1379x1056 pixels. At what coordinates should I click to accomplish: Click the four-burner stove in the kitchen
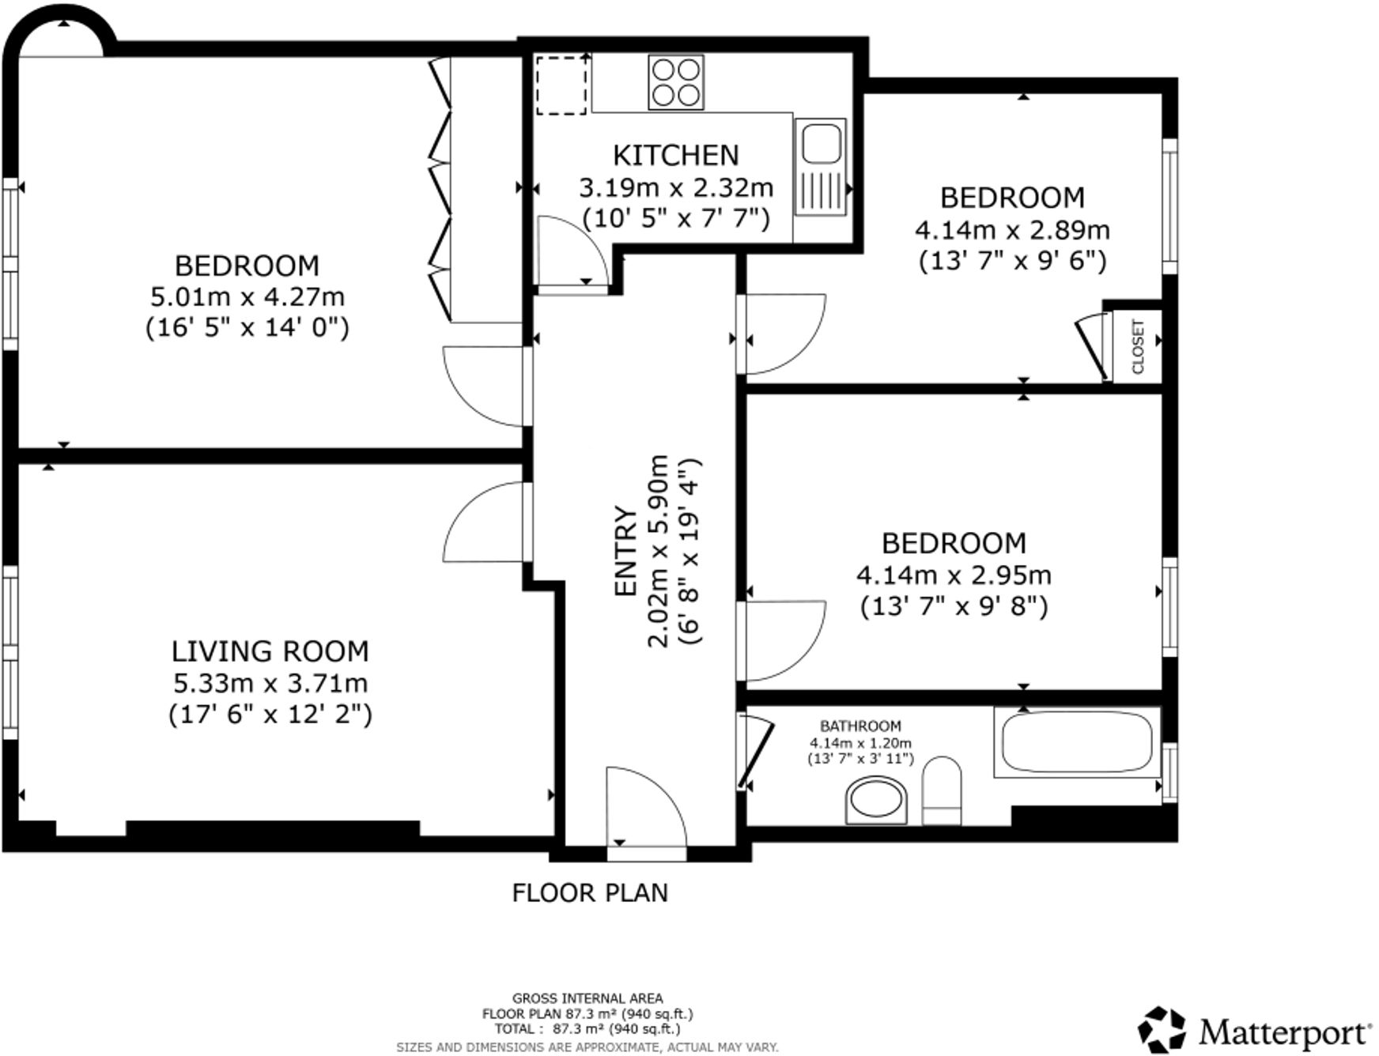pyautogui.click(x=676, y=82)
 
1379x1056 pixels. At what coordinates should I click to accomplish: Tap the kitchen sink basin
pyautogui.click(x=821, y=143)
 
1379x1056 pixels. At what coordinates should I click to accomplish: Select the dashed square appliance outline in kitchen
pyautogui.click(x=562, y=85)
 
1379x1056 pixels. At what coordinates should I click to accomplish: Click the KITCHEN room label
pyautogui.click(x=676, y=156)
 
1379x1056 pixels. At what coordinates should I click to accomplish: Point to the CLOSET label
pyautogui.click(x=1138, y=346)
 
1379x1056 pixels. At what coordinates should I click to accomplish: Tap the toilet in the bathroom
pyautogui.click(x=942, y=790)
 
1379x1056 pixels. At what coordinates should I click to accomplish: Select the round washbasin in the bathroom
pyautogui.click(x=876, y=800)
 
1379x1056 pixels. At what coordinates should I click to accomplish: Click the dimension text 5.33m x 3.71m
pyautogui.click(x=270, y=683)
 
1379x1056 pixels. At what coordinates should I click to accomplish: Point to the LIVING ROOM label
pyautogui.click(x=270, y=651)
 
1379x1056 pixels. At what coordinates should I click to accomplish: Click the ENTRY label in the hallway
pyautogui.click(x=625, y=551)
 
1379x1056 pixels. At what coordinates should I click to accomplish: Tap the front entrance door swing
pyautogui.click(x=644, y=810)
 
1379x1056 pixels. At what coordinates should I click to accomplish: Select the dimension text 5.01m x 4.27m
pyautogui.click(x=247, y=297)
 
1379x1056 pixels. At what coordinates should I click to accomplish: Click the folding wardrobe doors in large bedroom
pyautogui.click(x=440, y=190)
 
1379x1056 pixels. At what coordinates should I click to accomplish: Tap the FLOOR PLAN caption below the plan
pyautogui.click(x=590, y=893)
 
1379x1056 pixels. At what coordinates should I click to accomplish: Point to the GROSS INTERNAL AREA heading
pyautogui.click(x=587, y=998)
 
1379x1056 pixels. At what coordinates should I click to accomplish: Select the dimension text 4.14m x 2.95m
pyautogui.click(x=954, y=575)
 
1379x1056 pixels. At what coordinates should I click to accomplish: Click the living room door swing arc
pyautogui.click(x=482, y=522)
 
